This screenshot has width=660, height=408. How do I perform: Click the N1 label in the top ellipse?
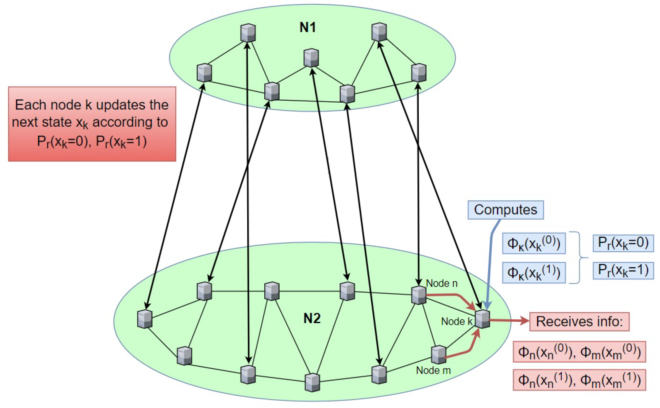(308, 28)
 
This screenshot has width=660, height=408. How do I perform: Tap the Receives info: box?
(579, 322)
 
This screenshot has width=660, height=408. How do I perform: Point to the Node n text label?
(442, 283)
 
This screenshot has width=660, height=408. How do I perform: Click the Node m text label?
(433, 370)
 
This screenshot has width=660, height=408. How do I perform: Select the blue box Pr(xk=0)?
(623, 243)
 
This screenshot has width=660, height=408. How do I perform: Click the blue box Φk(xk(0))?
(534, 243)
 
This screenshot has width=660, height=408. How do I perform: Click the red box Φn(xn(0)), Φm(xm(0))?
(579, 352)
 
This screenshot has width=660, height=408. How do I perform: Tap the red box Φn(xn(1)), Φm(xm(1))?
(579, 380)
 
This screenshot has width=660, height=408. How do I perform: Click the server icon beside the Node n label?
(418, 295)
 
